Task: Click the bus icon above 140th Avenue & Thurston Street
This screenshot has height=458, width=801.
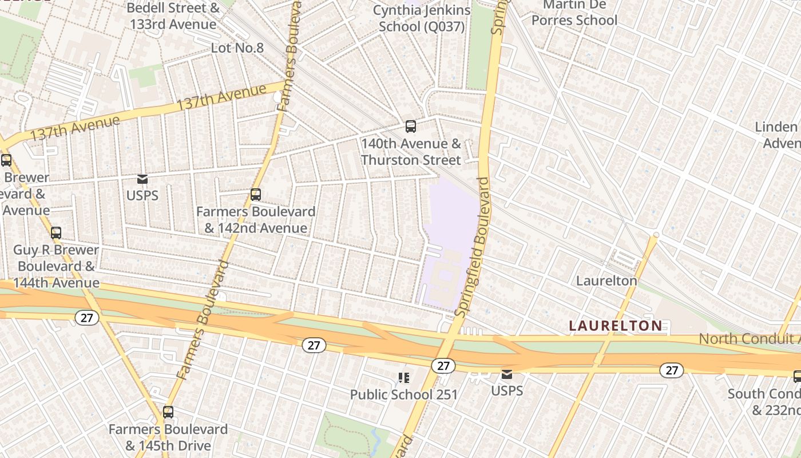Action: (x=410, y=127)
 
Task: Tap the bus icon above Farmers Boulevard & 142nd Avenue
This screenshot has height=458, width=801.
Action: (x=256, y=195)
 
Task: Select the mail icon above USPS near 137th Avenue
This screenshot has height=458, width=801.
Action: (x=142, y=179)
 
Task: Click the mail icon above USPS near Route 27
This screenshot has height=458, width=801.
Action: (x=507, y=374)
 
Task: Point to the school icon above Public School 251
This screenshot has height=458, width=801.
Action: (x=404, y=377)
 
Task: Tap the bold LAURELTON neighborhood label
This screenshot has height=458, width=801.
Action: (x=616, y=326)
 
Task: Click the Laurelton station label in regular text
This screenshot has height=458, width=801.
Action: (x=606, y=281)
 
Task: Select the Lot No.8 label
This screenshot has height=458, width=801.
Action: (x=237, y=48)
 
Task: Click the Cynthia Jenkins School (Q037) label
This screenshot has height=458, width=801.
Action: (x=422, y=18)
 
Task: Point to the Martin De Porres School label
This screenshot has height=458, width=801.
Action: (x=574, y=13)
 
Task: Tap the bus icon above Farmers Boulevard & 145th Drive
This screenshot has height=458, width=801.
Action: (x=168, y=412)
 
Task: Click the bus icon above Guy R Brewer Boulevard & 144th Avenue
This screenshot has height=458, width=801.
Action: (x=56, y=233)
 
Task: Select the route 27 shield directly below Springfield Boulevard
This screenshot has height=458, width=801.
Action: (x=443, y=366)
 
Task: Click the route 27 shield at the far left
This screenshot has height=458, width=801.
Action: (x=86, y=317)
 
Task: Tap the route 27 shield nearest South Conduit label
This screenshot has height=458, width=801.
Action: (x=671, y=370)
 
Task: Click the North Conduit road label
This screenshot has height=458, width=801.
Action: (x=750, y=338)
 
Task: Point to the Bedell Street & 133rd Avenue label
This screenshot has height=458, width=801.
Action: (x=173, y=16)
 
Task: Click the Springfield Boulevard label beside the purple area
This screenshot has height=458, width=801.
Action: (x=473, y=246)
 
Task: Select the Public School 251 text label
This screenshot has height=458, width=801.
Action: (x=404, y=394)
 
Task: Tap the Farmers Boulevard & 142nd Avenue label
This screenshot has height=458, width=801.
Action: (x=256, y=220)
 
